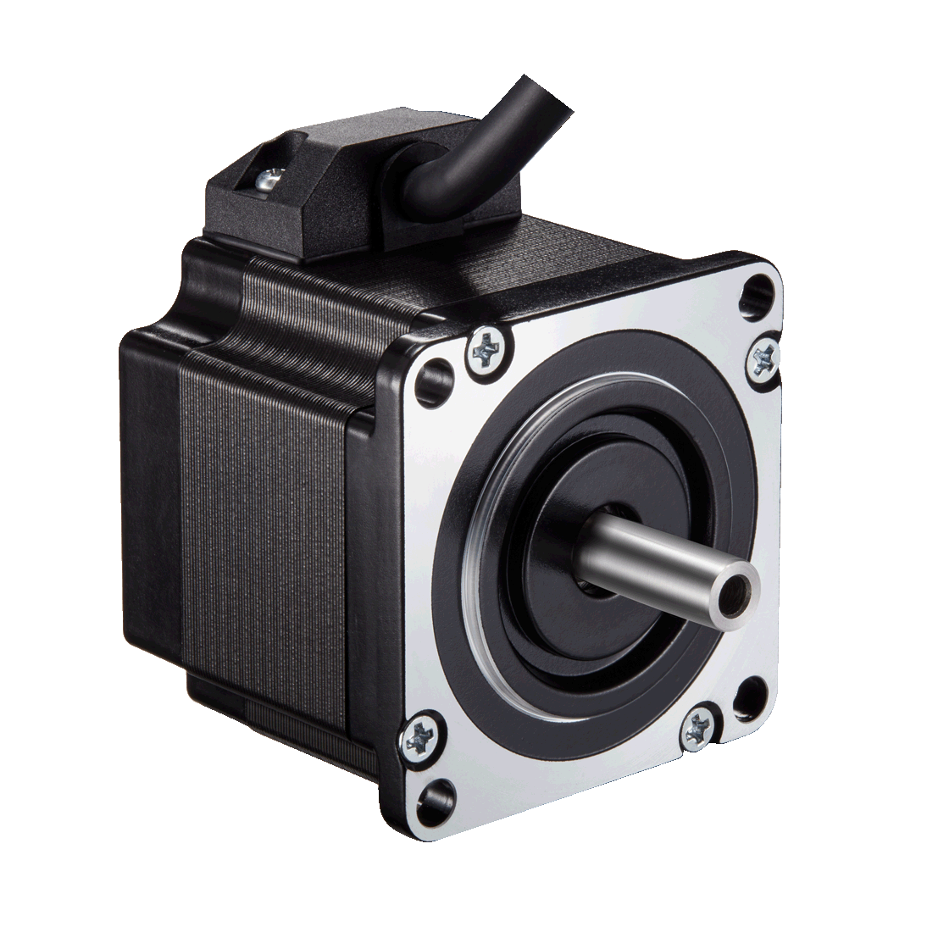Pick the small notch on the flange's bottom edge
click(x=721, y=745)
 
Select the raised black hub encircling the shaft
click(x=551, y=542)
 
